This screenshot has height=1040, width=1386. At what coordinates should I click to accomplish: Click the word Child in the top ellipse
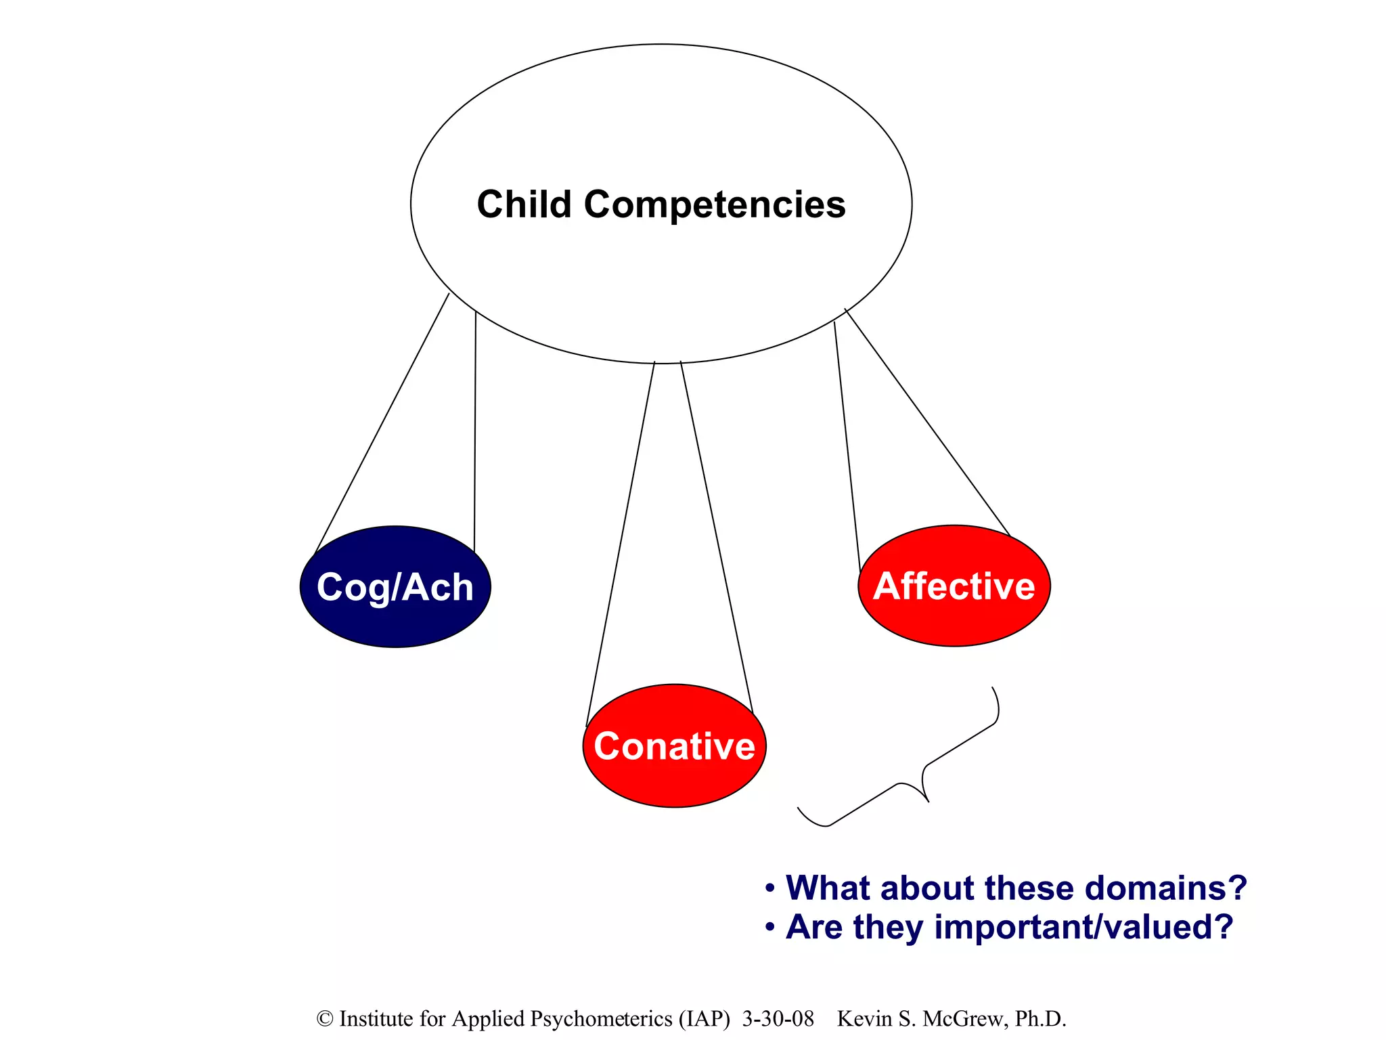(524, 204)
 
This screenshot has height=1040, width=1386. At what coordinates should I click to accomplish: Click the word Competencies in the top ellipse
(715, 205)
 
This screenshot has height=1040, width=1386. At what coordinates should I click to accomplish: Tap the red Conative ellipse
(674, 779)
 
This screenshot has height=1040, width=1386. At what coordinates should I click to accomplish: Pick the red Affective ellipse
(954, 616)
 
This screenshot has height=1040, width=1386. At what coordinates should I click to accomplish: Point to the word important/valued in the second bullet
(1083, 927)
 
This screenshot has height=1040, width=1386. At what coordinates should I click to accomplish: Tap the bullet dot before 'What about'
(769, 888)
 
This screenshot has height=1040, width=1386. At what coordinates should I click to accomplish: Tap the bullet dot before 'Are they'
(769, 927)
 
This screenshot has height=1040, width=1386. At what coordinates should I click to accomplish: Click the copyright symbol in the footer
(325, 1019)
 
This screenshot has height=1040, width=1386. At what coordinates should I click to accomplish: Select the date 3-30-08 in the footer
(778, 1019)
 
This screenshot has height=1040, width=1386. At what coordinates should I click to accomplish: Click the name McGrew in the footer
(964, 1019)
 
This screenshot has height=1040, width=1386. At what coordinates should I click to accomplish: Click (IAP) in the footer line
(705, 1019)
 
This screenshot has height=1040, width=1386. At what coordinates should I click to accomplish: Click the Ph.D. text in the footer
(1040, 1019)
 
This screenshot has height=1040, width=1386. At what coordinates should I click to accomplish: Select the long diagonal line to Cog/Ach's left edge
(382, 423)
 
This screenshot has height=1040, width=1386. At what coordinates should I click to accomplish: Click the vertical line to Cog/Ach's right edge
(475, 433)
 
